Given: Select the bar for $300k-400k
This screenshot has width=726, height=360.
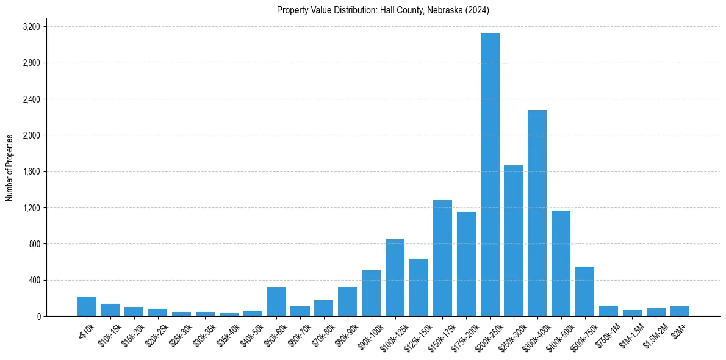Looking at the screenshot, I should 537,214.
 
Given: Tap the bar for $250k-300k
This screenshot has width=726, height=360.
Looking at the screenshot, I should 514,241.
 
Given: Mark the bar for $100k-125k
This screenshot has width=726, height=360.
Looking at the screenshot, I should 395,278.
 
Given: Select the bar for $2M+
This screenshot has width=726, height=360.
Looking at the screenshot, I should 680,311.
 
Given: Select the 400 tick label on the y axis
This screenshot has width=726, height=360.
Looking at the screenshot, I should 34,280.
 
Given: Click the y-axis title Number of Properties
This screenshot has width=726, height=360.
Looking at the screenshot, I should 10,168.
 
